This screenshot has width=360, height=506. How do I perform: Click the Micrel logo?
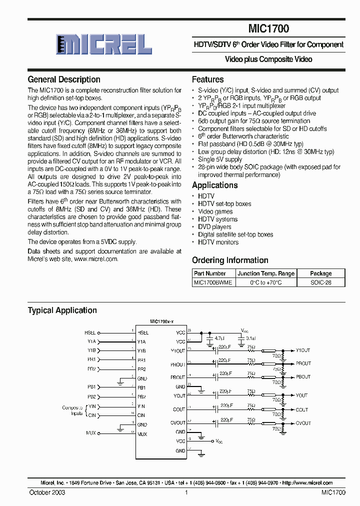click(x=104, y=45)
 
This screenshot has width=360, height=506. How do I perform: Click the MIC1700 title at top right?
click(x=268, y=29)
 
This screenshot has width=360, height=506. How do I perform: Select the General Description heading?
click(x=64, y=79)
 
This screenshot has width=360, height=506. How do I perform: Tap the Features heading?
click(x=208, y=79)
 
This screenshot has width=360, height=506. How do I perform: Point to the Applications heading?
click(x=215, y=185)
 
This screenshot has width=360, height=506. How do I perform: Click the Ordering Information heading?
click(x=230, y=260)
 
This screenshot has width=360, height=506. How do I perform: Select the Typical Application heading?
click(x=62, y=310)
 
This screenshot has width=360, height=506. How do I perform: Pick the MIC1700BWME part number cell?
click(x=213, y=282)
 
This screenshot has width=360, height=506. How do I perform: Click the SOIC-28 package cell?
click(x=320, y=282)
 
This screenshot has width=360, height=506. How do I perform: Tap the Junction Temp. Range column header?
click(x=266, y=273)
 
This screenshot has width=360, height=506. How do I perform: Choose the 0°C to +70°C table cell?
click(x=266, y=282)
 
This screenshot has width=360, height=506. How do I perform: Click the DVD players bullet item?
click(x=214, y=227)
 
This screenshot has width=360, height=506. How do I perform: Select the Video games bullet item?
click(x=215, y=211)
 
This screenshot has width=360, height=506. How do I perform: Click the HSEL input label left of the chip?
click(x=89, y=332)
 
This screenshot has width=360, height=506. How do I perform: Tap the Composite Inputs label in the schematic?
click(x=72, y=410)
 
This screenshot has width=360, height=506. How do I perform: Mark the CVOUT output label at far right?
click(x=303, y=423)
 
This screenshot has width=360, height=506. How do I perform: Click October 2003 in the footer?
click(x=46, y=492)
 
